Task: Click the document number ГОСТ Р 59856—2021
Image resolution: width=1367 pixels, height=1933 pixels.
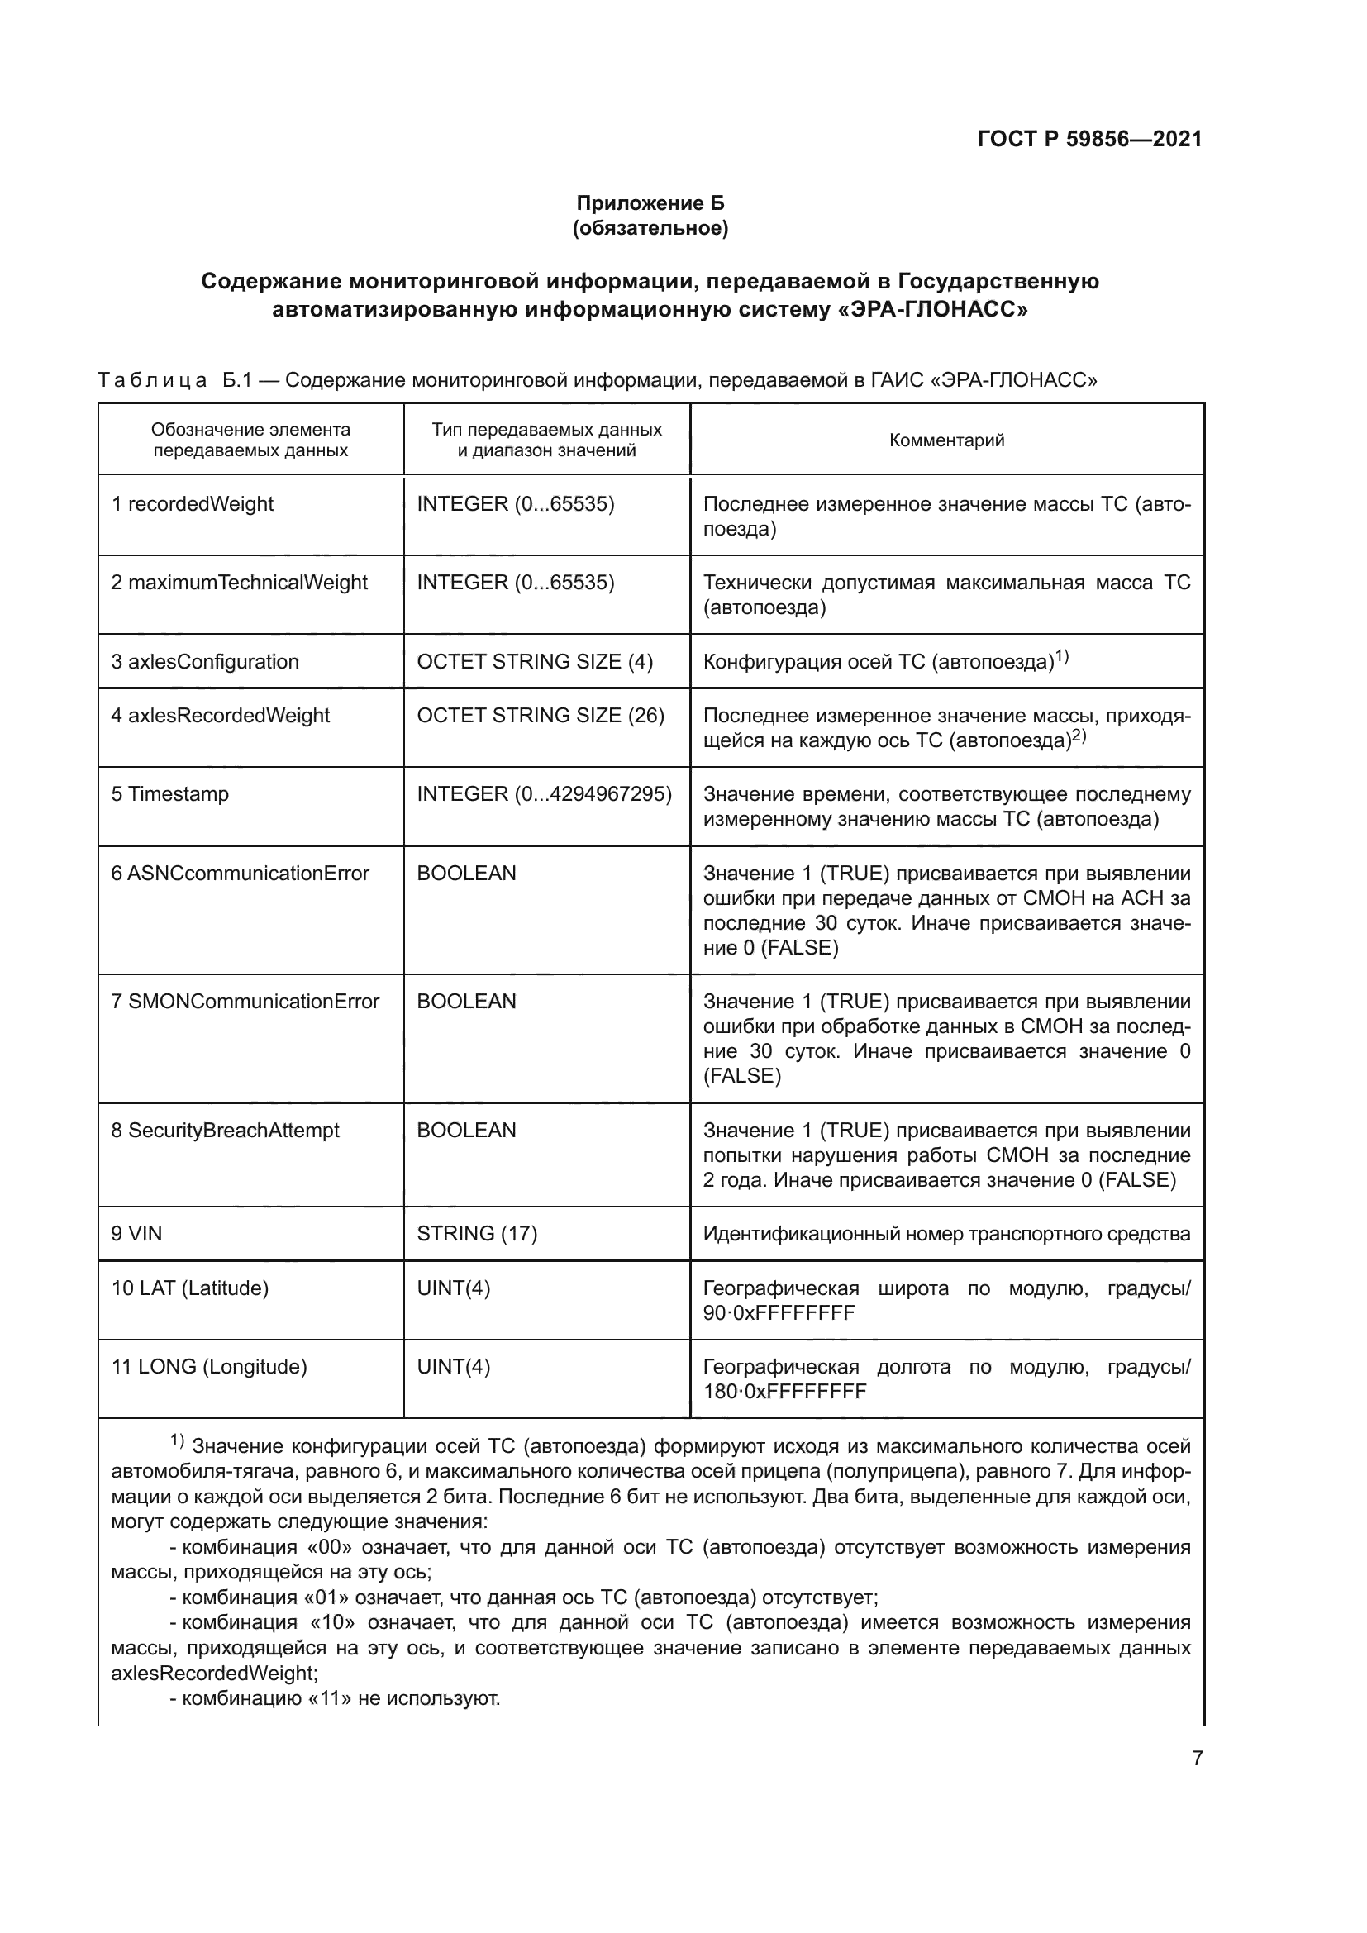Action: (x=1089, y=139)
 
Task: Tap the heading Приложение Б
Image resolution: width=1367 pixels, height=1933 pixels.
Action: (x=650, y=203)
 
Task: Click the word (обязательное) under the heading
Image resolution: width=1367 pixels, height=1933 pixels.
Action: (x=650, y=228)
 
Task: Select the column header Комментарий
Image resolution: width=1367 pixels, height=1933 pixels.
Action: (x=946, y=440)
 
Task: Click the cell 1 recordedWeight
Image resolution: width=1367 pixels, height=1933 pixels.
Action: (x=193, y=503)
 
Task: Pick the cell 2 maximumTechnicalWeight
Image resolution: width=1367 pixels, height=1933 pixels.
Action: (x=239, y=582)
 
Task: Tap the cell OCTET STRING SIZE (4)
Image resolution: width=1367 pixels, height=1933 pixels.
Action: (x=535, y=661)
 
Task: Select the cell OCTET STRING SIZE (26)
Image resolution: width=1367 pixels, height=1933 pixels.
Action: (x=541, y=715)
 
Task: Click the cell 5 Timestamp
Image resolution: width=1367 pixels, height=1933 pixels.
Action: (x=170, y=794)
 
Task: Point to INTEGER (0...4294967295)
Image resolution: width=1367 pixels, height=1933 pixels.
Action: (x=544, y=794)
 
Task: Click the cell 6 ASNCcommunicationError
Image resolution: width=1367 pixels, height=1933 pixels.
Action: (x=240, y=873)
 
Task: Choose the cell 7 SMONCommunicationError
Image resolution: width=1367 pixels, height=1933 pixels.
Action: (x=245, y=1001)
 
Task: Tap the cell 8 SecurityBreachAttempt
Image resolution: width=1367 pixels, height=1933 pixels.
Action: (x=225, y=1130)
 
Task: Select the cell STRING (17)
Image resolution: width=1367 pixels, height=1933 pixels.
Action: (x=476, y=1233)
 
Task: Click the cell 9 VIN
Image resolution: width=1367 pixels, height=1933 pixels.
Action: (x=136, y=1233)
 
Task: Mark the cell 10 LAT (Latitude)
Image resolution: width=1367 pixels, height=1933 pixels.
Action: (x=189, y=1288)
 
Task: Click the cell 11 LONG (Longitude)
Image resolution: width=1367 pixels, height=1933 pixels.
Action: (x=209, y=1366)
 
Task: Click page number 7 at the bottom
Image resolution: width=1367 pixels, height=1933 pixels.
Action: (x=1197, y=1758)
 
